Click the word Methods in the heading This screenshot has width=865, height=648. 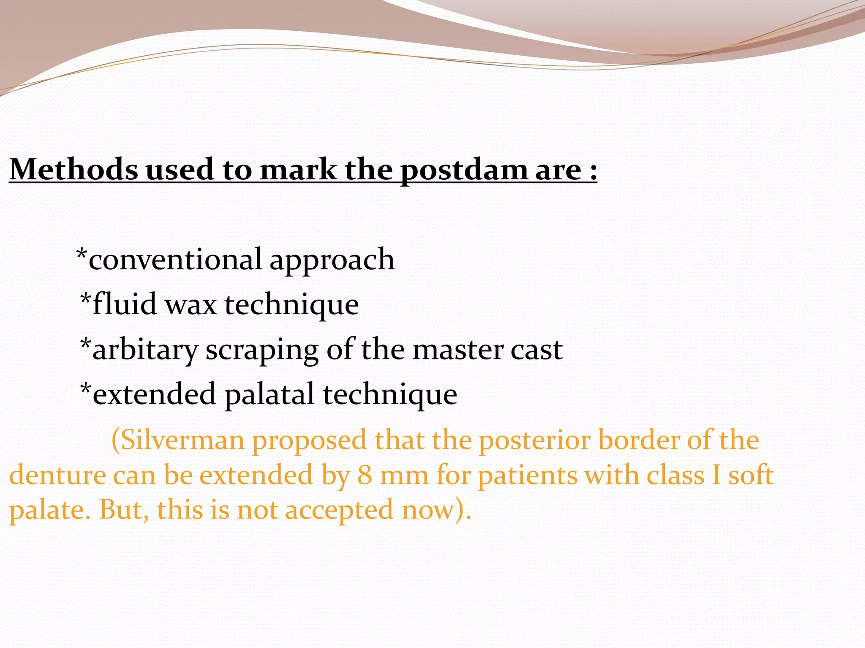[x=74, y=170]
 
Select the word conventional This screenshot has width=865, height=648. [x=175, y=259]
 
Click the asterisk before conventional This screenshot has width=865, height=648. [x=82, y=255]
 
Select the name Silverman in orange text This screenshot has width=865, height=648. [x=182, y=440]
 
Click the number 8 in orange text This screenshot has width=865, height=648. [x=364, y=475]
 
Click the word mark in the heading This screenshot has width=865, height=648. [x=298, y=170]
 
